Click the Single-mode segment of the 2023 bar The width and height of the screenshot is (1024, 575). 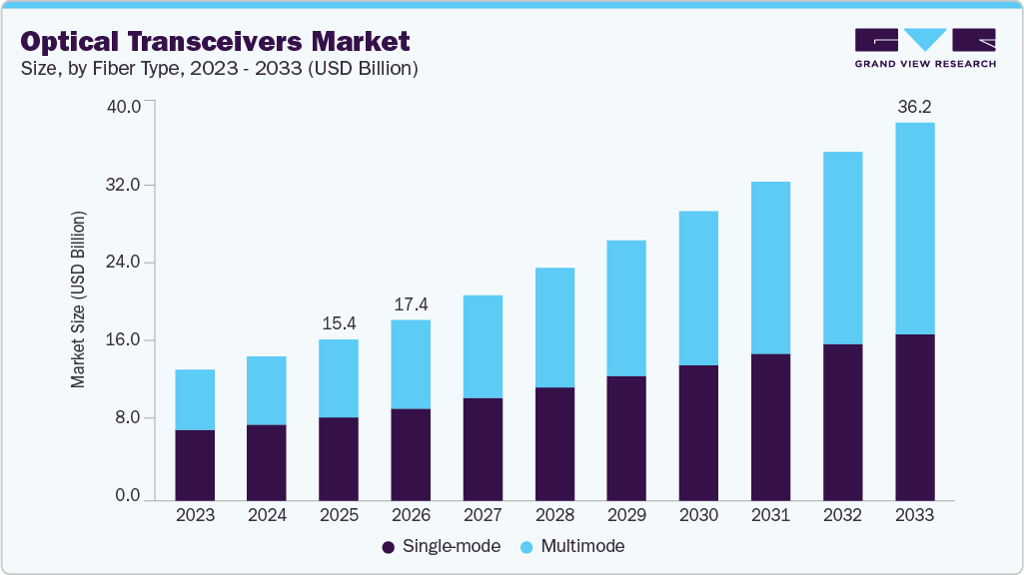(195, 465)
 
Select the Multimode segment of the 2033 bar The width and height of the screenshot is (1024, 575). (914, 229)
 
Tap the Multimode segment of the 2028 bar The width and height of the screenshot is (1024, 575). (554, 327)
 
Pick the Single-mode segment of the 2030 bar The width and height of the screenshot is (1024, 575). (698, 432)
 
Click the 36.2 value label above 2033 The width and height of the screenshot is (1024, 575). (914, 106)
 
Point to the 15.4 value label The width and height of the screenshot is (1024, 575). (339, 323)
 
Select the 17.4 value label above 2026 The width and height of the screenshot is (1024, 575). (411, 302)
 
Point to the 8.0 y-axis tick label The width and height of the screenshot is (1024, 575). (129, 418)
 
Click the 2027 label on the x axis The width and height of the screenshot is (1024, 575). (483, 516)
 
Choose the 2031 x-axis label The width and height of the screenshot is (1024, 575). (770, 516)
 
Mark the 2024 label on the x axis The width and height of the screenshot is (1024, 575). (267, 516)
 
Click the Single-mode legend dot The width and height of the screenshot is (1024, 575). (388, 547)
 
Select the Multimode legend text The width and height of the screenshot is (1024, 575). (582, 547)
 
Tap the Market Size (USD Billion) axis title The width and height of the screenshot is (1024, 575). (78, 299)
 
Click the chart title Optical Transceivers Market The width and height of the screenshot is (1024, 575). (215, 42)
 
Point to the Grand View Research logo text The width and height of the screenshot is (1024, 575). (924, 64)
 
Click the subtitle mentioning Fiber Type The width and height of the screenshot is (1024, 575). (219, 69)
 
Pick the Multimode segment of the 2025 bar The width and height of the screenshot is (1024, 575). (339, 378)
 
